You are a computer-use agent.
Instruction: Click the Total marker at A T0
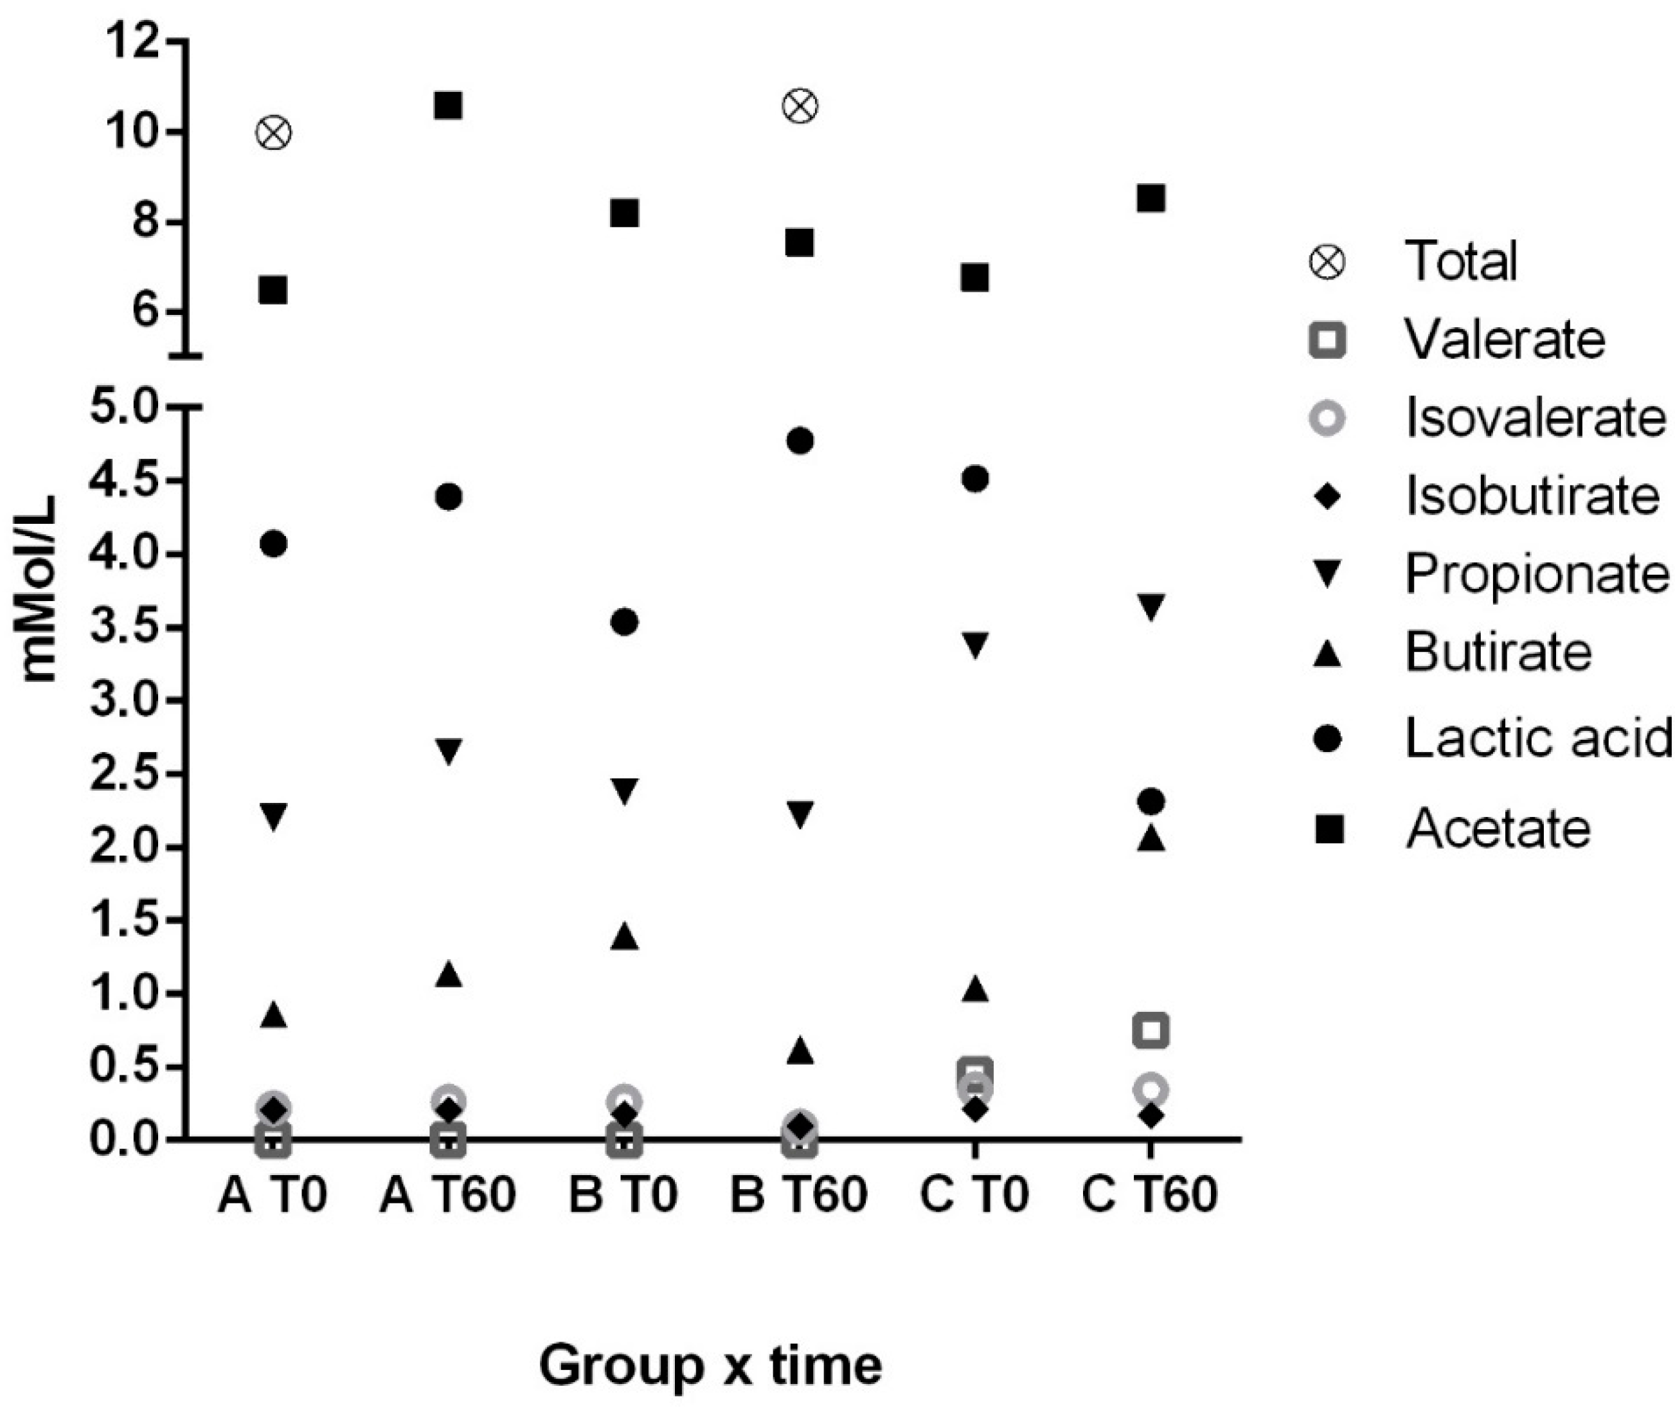point(274,133)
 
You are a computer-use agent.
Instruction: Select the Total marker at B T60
point(800,106)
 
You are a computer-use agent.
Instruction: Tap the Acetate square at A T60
point(448,105)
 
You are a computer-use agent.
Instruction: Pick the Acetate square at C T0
point(975,278)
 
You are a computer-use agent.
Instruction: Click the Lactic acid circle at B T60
point(800,441)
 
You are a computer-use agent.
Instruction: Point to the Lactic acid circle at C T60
point(1151,802)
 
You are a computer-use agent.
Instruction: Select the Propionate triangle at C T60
point(1151,606)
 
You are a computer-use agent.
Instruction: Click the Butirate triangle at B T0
point(625,937)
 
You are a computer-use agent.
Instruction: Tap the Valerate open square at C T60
point(1151,1030)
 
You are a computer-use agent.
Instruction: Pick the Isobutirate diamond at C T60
point(1151,1116)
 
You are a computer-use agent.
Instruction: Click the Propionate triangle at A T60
point(448,751)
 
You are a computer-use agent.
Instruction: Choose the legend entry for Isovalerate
point(1534,418)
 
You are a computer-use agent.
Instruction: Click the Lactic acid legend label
point(1537,737)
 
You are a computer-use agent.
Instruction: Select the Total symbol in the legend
point(1327,262)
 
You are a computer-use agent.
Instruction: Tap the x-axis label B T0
point(623,1195)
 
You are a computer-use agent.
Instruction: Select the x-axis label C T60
point(1149,1195)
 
